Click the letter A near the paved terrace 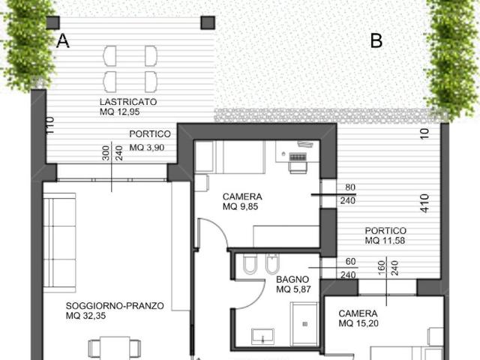63,40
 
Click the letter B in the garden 376,40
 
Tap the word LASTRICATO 128,102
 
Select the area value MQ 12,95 120,112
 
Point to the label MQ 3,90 147,148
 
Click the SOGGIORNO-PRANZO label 115,306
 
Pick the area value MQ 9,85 240,207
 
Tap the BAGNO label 292,280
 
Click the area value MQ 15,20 358,323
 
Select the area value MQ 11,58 385,241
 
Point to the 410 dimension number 425,203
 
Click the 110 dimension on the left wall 50,125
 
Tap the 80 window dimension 350,187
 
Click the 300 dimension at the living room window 105,153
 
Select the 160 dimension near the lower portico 381,268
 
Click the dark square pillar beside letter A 53,22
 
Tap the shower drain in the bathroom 305,324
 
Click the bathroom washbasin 262,337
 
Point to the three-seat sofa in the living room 59,242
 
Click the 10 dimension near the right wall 425,133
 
